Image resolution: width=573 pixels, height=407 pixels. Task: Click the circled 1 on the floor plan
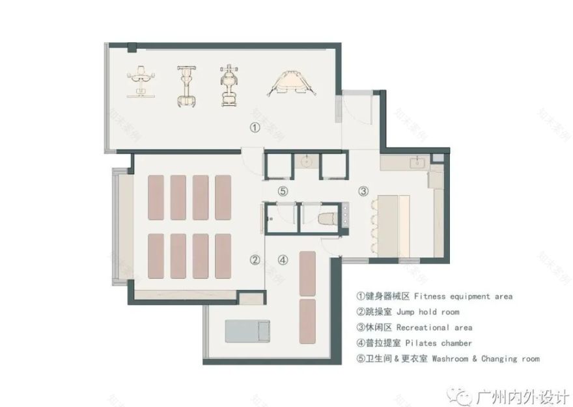255,128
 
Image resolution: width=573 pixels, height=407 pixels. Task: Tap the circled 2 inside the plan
255,260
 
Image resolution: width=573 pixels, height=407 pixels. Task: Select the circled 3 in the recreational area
363,191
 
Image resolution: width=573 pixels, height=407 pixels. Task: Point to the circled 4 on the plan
283,260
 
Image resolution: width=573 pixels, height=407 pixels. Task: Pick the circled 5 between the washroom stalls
282,191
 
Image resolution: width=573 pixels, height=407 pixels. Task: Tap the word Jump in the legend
408,312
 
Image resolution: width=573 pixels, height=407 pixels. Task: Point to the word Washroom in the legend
451,359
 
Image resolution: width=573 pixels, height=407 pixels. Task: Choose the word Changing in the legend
499,359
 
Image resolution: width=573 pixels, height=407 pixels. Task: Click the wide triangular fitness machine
291,84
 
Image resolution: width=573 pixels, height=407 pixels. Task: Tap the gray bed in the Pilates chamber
247,330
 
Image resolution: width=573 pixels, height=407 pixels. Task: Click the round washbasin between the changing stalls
305,161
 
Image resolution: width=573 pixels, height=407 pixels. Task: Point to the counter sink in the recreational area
415,162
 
